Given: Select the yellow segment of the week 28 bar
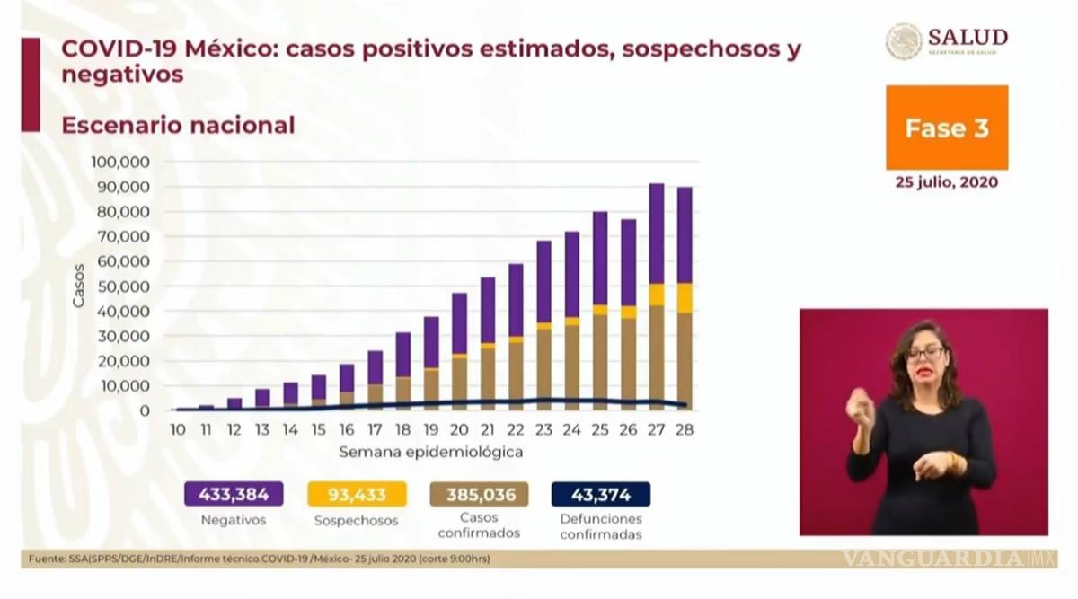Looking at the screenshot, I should click(685, 297).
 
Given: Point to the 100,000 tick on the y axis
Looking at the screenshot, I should click(119, 163).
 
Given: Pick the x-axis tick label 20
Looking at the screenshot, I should click(459, 430).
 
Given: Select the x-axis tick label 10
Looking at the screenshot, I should click(178, 430).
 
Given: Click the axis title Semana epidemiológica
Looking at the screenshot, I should click(430, 453).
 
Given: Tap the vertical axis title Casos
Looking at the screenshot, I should click(79, 286).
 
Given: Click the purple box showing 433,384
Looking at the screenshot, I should click(234, 494).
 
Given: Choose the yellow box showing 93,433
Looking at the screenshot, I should click(358, 494).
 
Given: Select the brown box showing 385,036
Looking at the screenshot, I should click(479, 494).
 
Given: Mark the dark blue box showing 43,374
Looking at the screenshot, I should click(600, 494).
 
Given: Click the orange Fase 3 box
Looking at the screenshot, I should click(946, 128).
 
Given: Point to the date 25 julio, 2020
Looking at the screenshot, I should click(946, 181).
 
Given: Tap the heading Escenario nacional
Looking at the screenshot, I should click(178, 126).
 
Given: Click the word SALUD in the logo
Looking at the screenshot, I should click(968, 37).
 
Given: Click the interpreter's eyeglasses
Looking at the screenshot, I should click(924, 354).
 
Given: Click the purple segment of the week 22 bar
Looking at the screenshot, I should click(516, 300).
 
